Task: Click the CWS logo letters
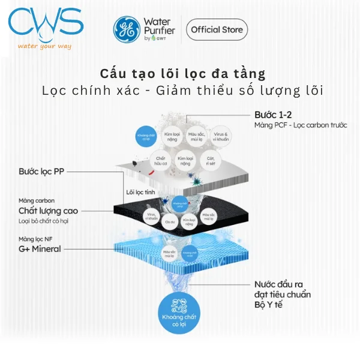click(46, 23)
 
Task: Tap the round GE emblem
click(125, 29)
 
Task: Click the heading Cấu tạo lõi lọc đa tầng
click(182, 73)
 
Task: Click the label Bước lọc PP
click(41, 172)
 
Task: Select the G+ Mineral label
click(40, 248)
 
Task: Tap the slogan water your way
click(46, 46)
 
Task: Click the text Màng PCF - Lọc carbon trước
click(301, 125)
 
